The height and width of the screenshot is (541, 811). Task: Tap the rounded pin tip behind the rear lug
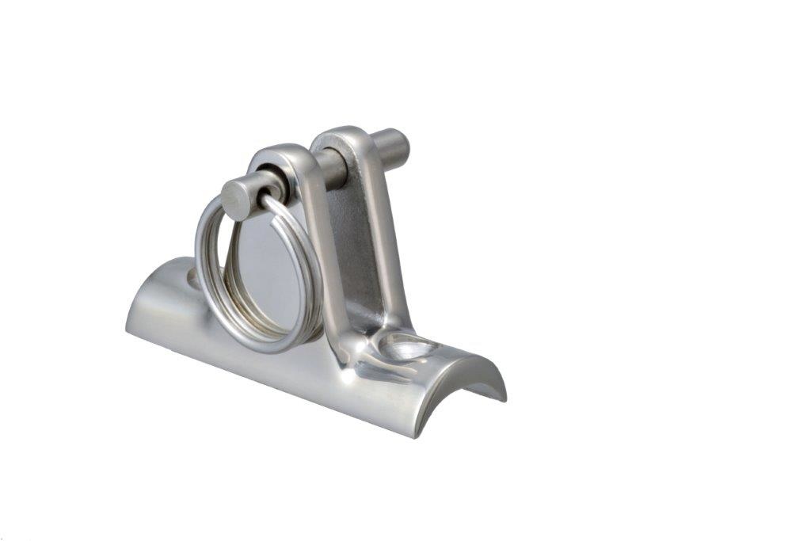pyautogui.click(x=393, y=146)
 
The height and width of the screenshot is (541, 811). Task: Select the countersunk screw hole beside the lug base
pyautogui.click(x=409, y=345)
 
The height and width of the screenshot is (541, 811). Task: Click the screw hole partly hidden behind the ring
pyautogui.click(x=192, y=276)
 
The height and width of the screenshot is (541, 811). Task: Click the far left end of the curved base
pyautogui.click(x=128, y=321)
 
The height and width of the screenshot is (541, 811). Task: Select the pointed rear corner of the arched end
pyautogui.click(x=504, y=395)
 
